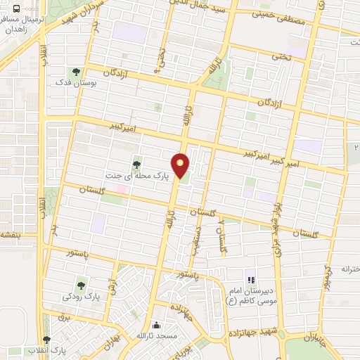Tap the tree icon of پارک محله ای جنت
click(136, 165)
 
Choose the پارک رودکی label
click(79, 296)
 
